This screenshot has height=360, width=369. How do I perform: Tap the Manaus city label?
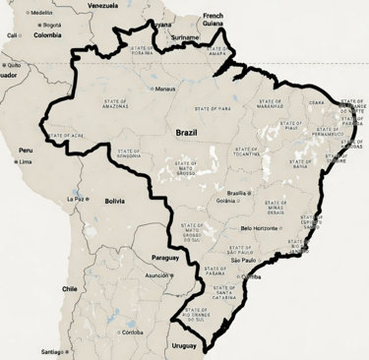(165, 89)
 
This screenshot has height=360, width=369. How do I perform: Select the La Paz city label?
(76, 198)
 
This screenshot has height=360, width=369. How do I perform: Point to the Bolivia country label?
(114, 201)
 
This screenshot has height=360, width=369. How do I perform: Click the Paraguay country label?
(166, 257)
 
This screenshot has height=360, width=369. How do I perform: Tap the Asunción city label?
(157, 275)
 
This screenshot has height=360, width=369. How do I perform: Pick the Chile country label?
(69, 289)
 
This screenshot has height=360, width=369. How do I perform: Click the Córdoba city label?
(132, 332)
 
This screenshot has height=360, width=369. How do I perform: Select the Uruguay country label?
(184, 345)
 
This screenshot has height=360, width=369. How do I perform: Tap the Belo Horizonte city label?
(260, 228)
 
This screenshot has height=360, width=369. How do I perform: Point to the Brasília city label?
(237, 194)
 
